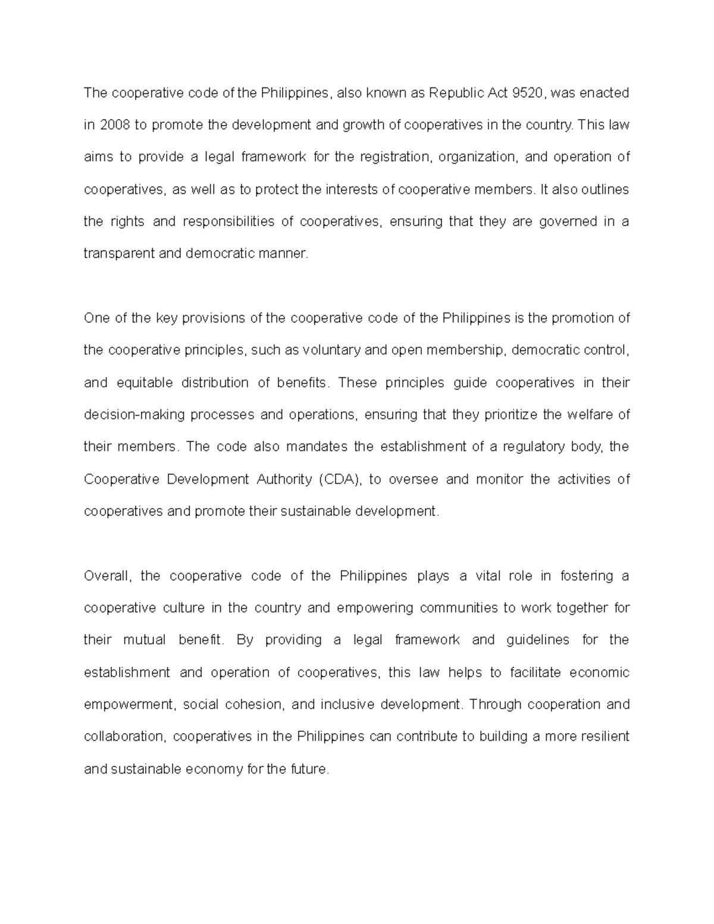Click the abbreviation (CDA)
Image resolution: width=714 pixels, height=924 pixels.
[x=340, y=480]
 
